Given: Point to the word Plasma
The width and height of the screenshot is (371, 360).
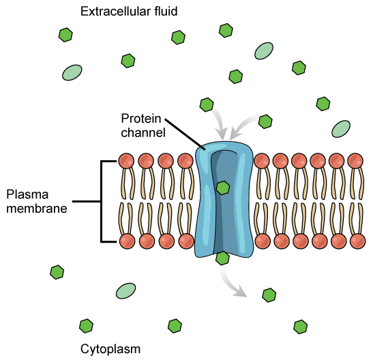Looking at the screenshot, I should point(24,194).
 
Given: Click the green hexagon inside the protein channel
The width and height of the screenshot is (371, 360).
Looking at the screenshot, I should point(222,187).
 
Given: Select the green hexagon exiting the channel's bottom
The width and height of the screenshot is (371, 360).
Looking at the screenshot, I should point(222,258).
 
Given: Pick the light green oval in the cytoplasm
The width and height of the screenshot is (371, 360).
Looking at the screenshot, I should point(125,291).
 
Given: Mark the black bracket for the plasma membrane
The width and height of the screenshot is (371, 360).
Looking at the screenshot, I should point(102,201).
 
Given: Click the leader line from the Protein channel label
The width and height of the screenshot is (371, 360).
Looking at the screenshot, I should point(184,134).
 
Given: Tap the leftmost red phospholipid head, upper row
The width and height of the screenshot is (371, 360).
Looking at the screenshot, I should point(126,161).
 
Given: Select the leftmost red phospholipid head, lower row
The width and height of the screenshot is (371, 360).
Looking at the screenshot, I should point(126,241).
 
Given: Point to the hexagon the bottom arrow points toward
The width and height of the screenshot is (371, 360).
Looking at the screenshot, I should point(269,295).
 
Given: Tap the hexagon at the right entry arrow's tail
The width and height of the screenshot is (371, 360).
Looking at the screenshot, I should point(265,121).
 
